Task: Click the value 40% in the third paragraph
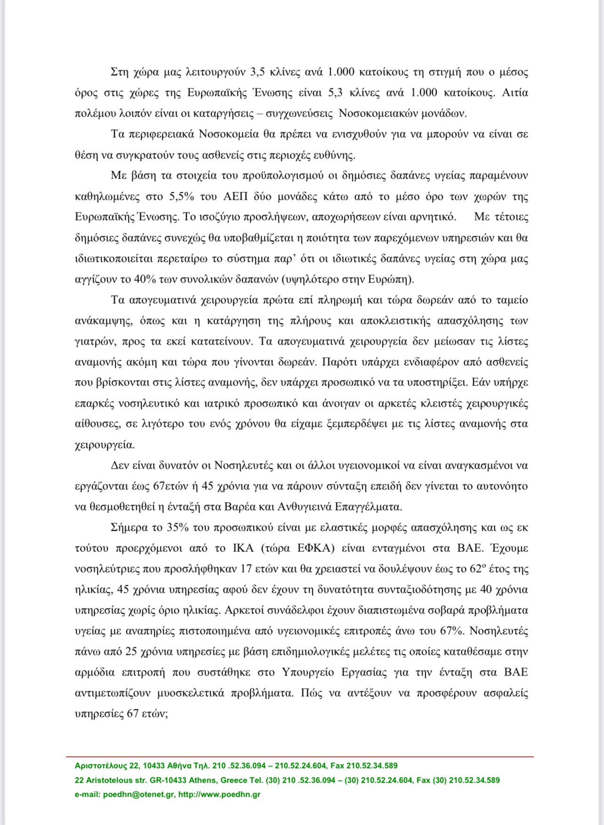(145, 279)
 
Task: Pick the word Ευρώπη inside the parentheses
(394, 279)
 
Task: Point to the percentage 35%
(178, 527)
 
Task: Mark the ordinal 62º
(478, 569)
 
